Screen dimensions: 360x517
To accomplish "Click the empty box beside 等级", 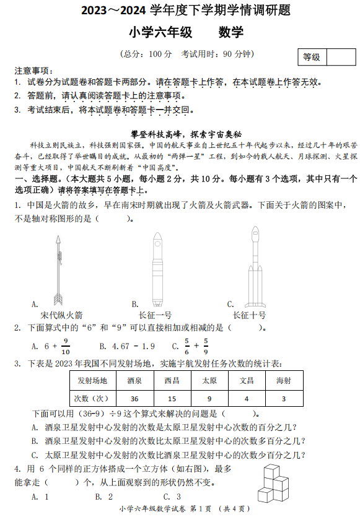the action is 341,57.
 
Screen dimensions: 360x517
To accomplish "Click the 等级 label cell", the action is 312,57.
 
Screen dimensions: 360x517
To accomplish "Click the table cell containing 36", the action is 135,398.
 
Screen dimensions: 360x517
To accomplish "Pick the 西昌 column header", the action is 172,380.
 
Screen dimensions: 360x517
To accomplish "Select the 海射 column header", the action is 283,380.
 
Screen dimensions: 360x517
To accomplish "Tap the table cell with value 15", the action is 172,398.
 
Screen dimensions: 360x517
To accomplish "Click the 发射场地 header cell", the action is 92,380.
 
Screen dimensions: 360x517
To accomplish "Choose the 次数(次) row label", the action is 92,398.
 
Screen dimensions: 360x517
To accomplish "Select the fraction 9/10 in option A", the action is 66,347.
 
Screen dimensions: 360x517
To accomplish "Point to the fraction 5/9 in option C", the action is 206,347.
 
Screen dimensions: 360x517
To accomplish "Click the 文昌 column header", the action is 247,380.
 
